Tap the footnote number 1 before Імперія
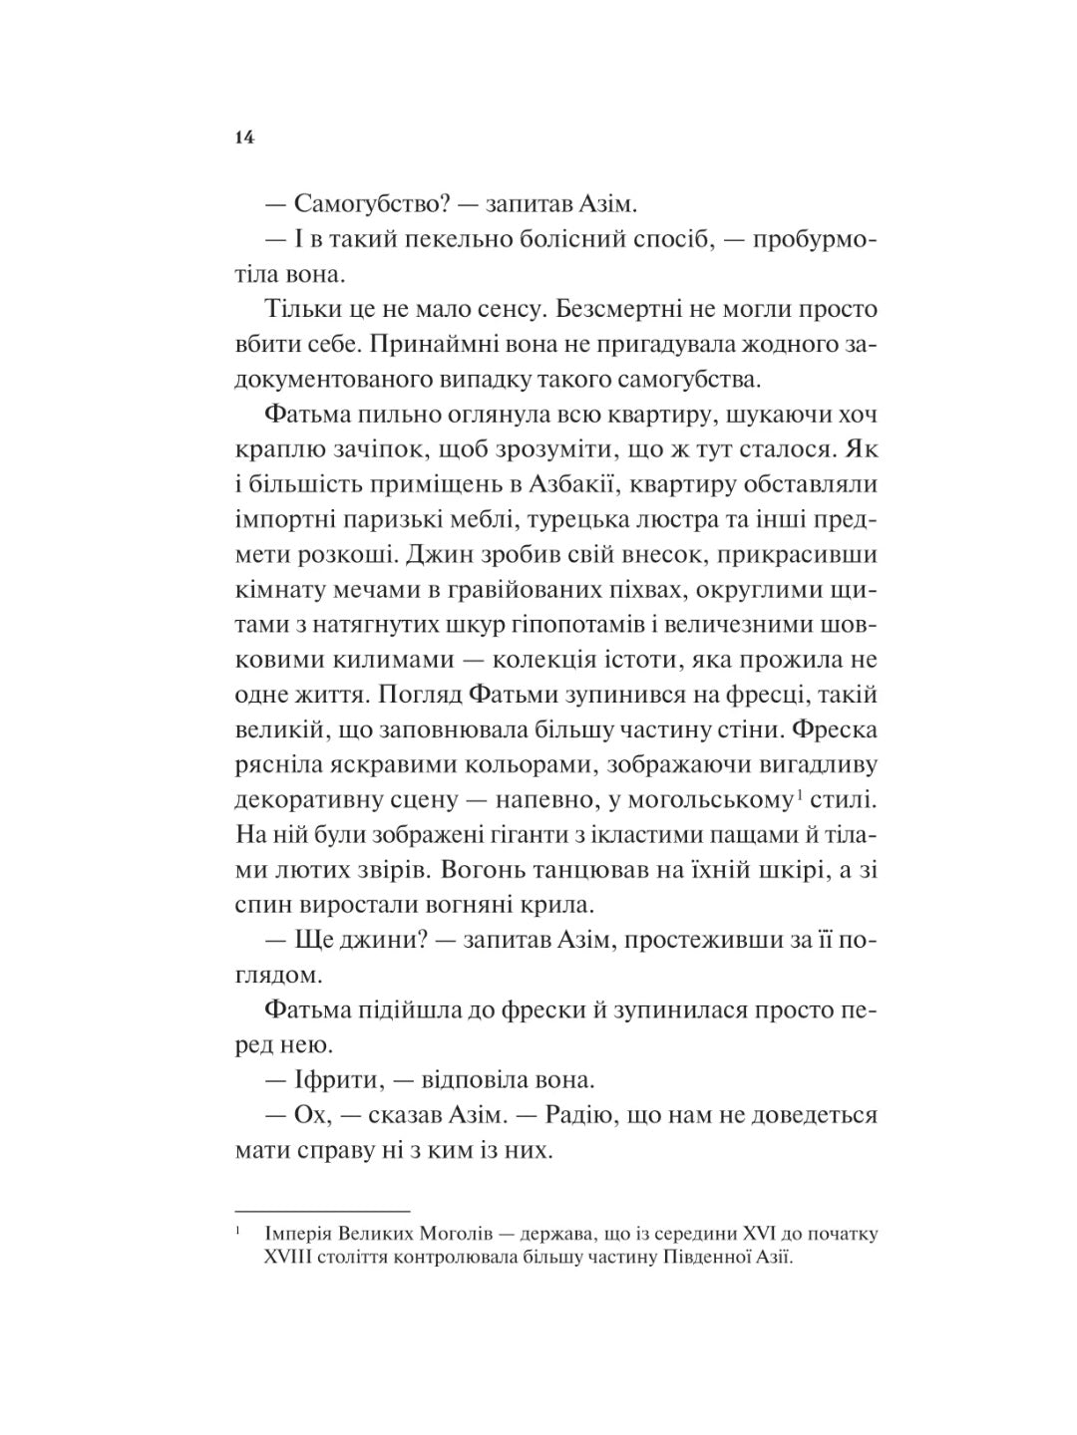pyautogui.click(x=239, y=1232)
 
